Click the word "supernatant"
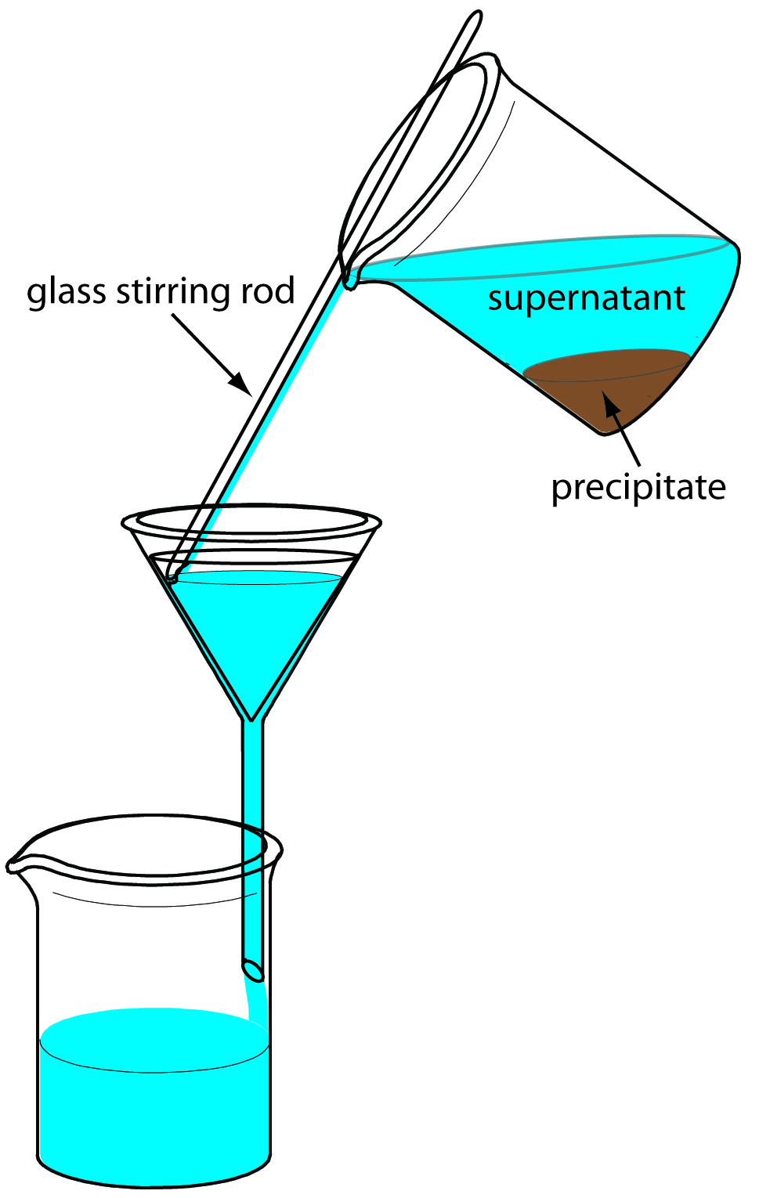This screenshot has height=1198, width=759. coord(586,298)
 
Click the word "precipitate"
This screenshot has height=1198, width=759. coord(638,488)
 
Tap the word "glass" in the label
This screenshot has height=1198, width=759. coord(67,292)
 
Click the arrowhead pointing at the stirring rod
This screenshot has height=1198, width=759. coord(241,385)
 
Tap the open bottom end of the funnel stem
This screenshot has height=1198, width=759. coord(253,969)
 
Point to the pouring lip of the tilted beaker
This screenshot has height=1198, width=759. coord(350,276)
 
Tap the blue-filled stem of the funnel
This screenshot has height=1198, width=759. coord(252,822)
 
